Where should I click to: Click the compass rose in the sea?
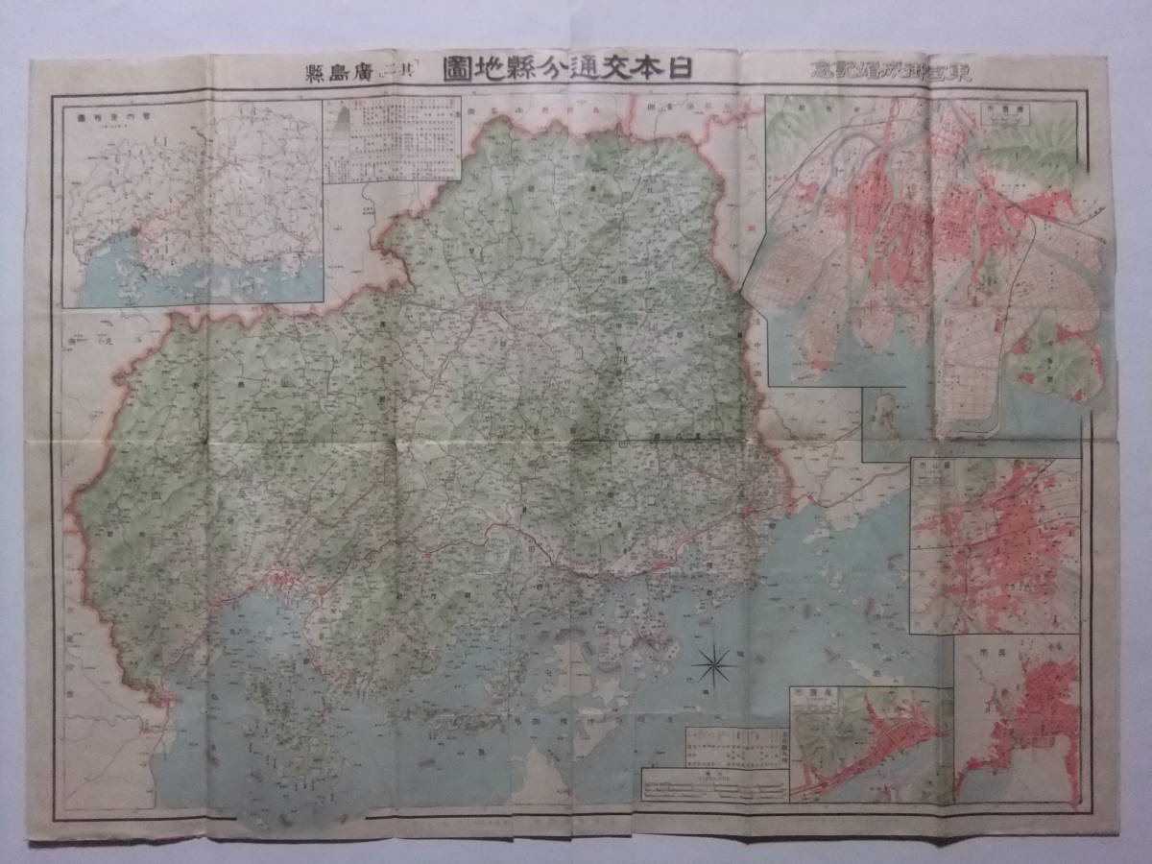point(714,660)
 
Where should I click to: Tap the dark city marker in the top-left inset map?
point(137,231)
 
